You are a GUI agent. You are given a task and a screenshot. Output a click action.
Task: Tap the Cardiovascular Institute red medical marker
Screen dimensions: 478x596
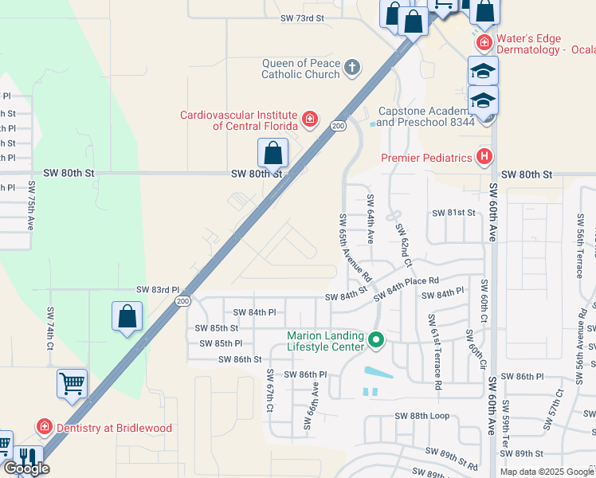point(310,121)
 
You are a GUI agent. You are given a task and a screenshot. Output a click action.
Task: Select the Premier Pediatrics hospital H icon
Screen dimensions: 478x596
point(482,157)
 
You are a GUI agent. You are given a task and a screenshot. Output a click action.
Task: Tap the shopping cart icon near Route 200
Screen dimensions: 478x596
point(72,384)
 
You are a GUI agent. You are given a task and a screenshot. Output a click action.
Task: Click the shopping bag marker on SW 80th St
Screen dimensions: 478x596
point(273,153)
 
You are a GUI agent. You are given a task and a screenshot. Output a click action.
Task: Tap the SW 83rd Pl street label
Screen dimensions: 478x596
point(158,290)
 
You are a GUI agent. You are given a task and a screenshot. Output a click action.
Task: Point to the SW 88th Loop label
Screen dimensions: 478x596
point(422,416)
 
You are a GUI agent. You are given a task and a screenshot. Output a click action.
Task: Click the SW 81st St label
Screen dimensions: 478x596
point(453,213)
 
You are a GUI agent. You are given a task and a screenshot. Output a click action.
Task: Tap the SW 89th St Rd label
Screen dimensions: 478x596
point(451,455)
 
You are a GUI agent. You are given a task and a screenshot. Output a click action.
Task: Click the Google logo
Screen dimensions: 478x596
point(25,468)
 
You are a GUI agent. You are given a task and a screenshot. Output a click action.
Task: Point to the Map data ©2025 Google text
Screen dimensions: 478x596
point(547,472)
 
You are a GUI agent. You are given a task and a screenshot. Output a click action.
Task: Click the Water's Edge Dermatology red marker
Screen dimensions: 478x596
point(482,41)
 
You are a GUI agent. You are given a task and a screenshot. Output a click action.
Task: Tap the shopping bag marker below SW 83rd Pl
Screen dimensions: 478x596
point(127,317)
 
